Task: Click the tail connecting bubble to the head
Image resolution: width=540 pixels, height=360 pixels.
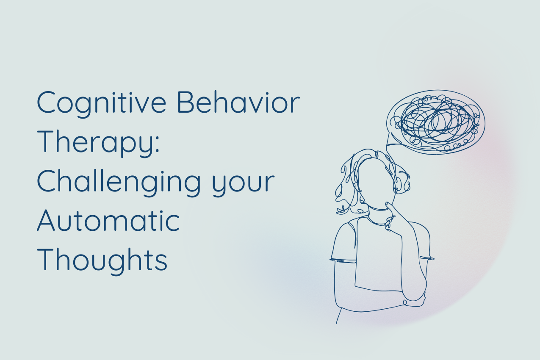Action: click(x=390, y=146)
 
